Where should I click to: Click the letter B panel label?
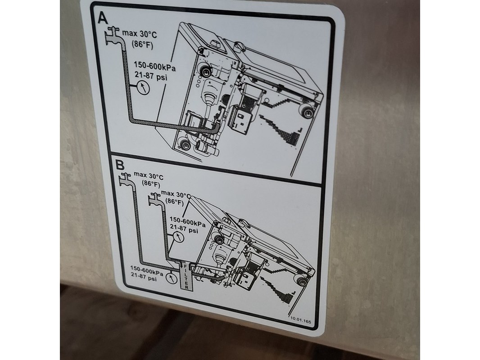[x=120, y=165]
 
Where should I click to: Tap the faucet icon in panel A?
[x=113, y=36]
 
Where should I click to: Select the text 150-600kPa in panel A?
[x=155, y=66]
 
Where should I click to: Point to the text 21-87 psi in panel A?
[x=151, y=76]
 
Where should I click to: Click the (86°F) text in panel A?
[x=142, y=45]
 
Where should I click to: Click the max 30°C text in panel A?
[x=139, y=33]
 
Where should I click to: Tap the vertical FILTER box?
[x=185, y=276]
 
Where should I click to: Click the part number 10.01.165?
[x=301, y=321]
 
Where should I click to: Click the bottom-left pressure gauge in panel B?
[x=171, y=279]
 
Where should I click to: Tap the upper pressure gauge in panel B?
[x=178, y=237]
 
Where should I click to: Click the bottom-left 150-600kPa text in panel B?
[x=147, y=270]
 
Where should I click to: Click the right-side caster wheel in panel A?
[x=307, y=112]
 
